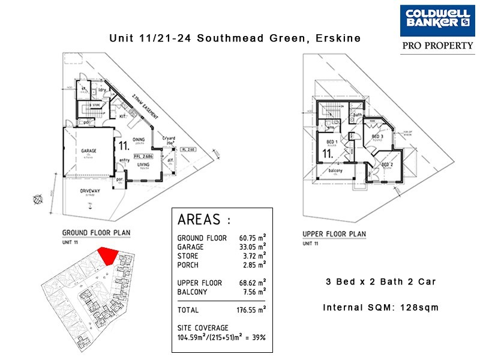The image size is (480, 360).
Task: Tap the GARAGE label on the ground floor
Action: (x=89, y=151)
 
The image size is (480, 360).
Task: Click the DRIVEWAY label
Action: (x=91, y=193)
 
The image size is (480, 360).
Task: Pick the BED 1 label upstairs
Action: (x=331, y=142)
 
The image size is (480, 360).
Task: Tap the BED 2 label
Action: (x=387, y=164)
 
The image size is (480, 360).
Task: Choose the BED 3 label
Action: (x=377, y=137)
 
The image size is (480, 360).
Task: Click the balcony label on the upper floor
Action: (x=337, y=171)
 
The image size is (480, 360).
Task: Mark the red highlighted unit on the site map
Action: (x=107, y=256)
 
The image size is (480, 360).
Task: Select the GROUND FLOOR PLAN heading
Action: (x=97, y=233)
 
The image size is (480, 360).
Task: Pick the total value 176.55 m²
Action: (x=251, y=310)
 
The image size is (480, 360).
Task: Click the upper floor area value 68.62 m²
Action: (x=251, y=283)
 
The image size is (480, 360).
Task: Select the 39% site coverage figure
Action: (x=259, y=338)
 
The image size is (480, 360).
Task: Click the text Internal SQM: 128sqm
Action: (x=380, y=308)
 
